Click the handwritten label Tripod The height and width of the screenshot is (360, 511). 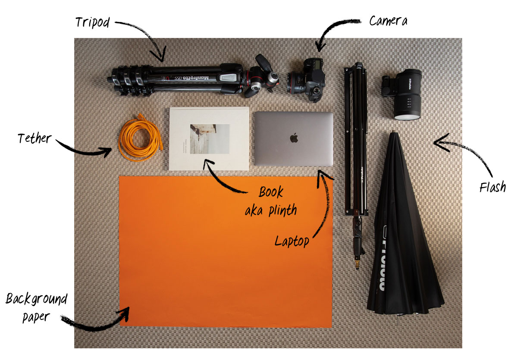[x=93, y=22]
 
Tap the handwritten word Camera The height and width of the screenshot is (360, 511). [x=388, y=21]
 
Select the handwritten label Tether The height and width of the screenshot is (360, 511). [x=34, y=139]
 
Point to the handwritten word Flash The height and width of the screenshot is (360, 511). [x=492, y=188]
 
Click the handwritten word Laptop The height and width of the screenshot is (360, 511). [x=292, y=241]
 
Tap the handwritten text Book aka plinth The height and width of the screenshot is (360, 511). [x=271, y=201]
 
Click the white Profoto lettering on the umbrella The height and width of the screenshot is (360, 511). [x=382, y=263]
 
